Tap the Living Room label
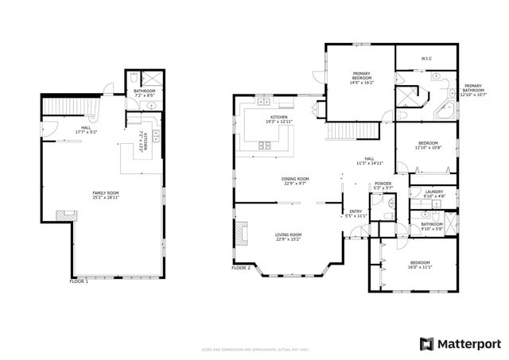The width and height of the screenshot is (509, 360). [x=288, y=237]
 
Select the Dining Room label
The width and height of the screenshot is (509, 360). [x=294, y=181]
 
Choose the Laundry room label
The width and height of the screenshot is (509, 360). [x=433, y=193]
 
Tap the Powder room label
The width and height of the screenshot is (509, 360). [x=383, y=186]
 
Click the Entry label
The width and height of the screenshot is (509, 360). [x=356, y=214]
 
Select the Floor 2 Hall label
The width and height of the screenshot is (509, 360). [x=369, y=161]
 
